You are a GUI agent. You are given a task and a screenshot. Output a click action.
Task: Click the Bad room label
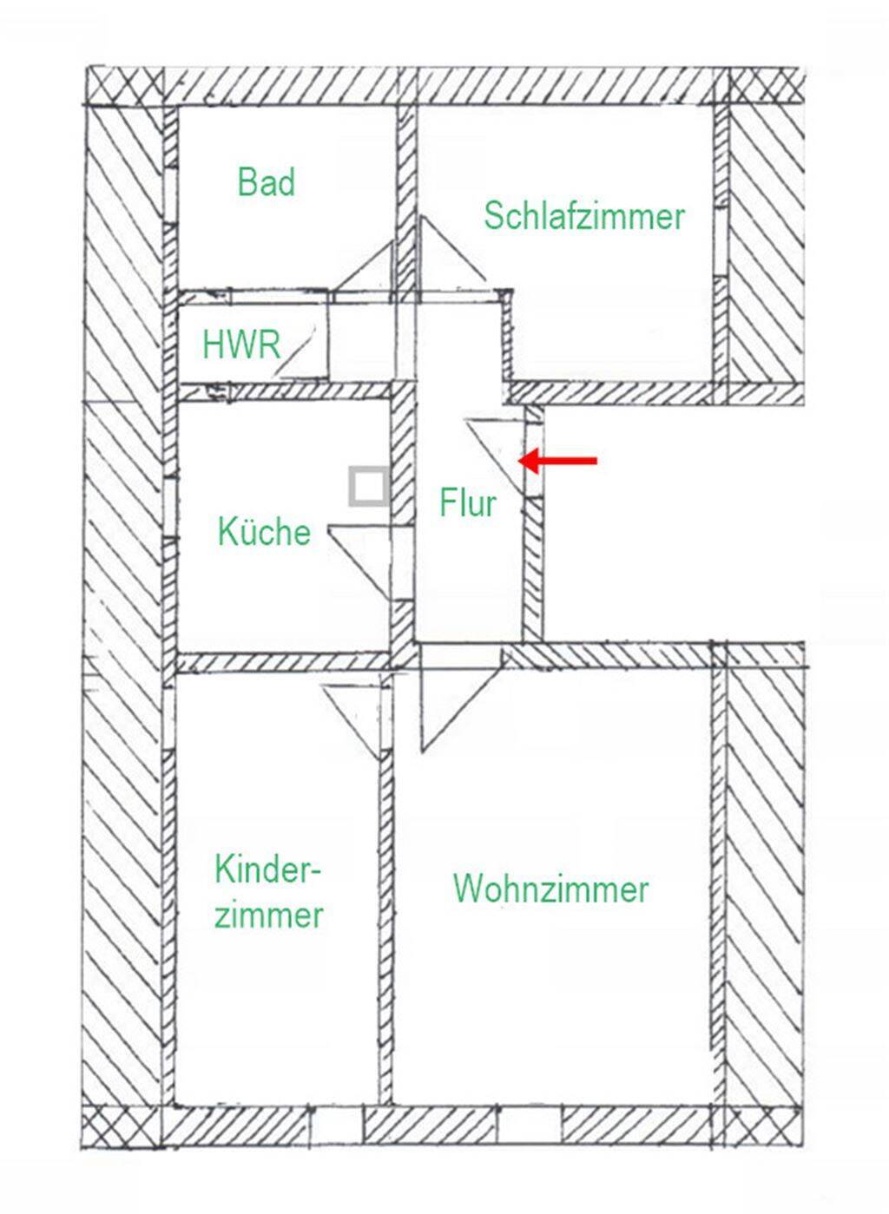tap(267, 182)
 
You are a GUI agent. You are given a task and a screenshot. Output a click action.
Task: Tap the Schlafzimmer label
tap(584, 216)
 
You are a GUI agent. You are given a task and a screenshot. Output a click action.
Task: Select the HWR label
tap(241, 345)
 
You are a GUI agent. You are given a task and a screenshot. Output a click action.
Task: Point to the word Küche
tap(264, 531)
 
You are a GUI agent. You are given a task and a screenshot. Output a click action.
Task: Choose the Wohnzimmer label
tap(550, 889)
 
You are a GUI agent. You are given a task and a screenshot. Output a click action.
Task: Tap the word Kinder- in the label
tap(267, 869)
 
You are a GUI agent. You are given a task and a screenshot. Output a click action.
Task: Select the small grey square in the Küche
tap(368, 486)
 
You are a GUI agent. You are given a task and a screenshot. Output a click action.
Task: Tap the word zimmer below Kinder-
tap(268, 915)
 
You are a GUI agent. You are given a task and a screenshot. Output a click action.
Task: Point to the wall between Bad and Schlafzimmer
tap(406, 174)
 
